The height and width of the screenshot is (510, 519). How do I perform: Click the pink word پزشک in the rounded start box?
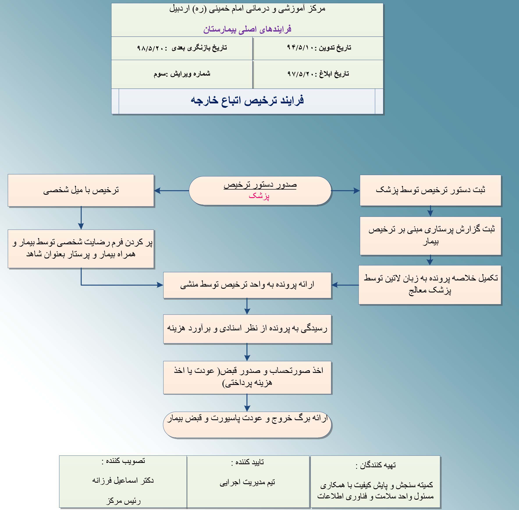tap(259, 196)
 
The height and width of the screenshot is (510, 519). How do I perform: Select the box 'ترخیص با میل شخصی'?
tap(81, 190)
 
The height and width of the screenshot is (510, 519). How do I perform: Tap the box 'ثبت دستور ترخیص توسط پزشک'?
tap(430, 190)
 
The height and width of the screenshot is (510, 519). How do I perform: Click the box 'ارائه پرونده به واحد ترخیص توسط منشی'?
tap(247, 285)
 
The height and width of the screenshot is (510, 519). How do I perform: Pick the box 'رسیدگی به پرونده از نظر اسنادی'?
tap(247, 329)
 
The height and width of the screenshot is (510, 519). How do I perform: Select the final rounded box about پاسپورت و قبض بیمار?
tap(247, 425)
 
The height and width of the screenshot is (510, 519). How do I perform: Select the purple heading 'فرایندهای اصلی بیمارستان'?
tap(247, 29)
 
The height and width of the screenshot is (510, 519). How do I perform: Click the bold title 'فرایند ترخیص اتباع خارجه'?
tap(247, 101)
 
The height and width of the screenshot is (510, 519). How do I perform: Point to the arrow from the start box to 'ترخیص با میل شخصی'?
tap(171, 191)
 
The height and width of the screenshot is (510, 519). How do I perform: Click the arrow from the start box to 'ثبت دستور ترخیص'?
tap(345, 191)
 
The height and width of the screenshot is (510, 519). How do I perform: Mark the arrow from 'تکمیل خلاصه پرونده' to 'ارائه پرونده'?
tap(345, 285)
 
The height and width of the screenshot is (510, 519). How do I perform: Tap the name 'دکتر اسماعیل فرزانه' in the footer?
tap(123, 480)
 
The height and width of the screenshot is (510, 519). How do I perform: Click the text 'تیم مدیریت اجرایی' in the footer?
tap(247, 482)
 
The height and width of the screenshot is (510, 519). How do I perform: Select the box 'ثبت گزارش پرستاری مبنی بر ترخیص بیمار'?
tap(430, 236)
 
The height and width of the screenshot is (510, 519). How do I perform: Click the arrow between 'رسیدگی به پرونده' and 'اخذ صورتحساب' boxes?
tap(247, 352)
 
